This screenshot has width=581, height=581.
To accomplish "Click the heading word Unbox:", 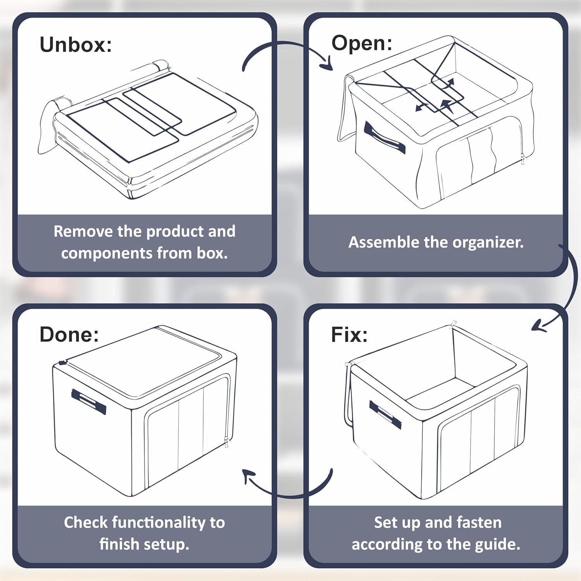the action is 76,45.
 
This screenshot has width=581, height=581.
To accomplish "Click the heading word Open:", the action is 362,43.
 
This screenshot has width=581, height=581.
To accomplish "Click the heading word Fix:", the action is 349,334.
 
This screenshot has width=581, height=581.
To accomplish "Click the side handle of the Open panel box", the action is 385,138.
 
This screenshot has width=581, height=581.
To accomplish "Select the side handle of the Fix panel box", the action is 385,414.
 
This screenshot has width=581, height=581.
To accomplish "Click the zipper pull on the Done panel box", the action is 227,442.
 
